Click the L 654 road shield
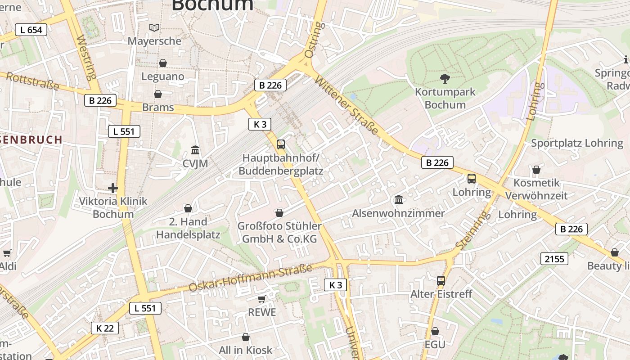31,30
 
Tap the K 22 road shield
105,328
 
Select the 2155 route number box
554,259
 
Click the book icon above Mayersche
154,28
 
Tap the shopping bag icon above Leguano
162,63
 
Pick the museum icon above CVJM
195,149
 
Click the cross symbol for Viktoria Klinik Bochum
113,188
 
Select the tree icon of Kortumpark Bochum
445,79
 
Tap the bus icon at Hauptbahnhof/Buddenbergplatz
280,144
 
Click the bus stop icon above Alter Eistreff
441,281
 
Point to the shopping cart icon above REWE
261,299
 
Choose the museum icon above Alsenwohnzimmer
398,199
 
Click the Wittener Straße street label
346,105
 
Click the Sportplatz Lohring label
577,143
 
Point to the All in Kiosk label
246,350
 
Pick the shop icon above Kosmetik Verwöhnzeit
536,170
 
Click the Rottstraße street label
32,81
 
